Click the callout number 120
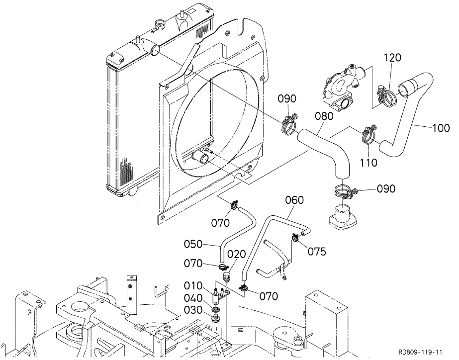tap(392, 58)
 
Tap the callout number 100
tap(441, 128)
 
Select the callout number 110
tap(368, 163)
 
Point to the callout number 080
tap(324, 116)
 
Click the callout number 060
tap(294, 200)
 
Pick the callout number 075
tap(317, 252)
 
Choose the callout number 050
tap(193, 244)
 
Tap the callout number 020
tap(237, 255)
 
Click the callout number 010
tap(193, 285)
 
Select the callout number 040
tap(193, 298)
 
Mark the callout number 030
tap(193, 310)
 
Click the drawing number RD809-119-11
tap(420, 352)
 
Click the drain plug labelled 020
tap(226, 276)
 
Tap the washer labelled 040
tap(216, 309)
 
